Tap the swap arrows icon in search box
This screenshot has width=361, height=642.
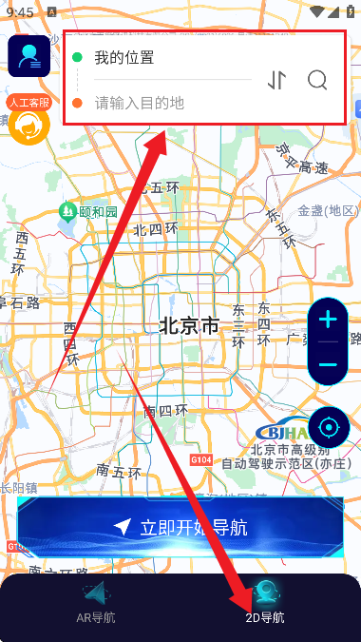(276, 80)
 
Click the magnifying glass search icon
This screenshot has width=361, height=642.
(317, 80)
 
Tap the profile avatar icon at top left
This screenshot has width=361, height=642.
(29, 56)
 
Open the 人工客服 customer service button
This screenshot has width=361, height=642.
(28, 120)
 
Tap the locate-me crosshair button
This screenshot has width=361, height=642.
(329, 427)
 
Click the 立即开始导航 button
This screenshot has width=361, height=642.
(180, 527)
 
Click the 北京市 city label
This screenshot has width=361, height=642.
(188, 326)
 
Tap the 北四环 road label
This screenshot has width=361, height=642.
(155, 228)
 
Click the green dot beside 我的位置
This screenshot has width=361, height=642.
(77, 57)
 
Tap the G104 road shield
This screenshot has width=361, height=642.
(200, 459)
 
